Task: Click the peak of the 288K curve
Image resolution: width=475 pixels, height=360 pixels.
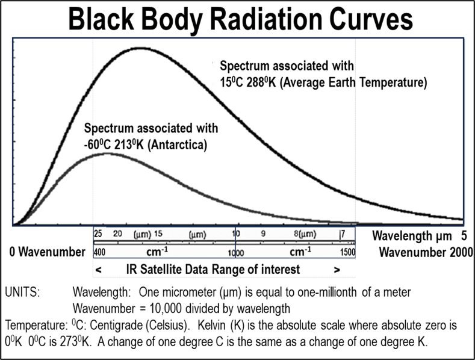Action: (140, 48)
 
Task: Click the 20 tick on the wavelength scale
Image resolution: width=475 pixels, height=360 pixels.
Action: (118, 233)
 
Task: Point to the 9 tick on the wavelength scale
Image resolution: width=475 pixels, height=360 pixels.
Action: (262, 233)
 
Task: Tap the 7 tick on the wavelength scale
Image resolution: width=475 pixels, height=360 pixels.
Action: (343, 233)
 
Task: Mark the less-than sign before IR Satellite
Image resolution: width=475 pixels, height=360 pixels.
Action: (98, 269)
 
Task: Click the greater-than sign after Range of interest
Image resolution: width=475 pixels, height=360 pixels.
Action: (337, 269)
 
